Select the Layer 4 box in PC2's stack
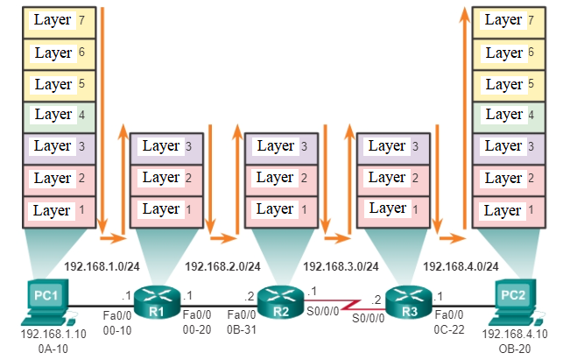tap(509, 115)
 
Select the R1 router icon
tap(158, 302)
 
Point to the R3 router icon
tap(404, 302)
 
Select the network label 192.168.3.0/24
tap(341, 266)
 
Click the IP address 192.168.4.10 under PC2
tap(515, 335)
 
